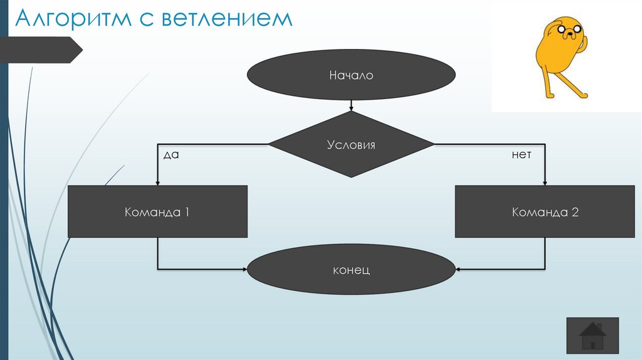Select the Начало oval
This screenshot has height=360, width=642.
point(351,76)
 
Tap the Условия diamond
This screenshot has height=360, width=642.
point(351,145)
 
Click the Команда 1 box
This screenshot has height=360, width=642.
point(157,212)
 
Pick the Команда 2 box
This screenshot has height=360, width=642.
point(545,212)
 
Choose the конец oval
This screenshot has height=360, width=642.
point(351,270)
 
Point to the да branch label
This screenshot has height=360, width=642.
point(171,154)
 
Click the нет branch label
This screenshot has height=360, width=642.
point(521,154)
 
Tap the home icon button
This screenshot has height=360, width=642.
point(592,336)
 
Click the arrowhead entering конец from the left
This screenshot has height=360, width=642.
point(245,270)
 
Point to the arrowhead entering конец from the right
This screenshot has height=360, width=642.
point(458,270)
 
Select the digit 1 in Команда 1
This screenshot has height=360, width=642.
point(186,212)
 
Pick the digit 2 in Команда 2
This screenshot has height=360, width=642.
point(575,212)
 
